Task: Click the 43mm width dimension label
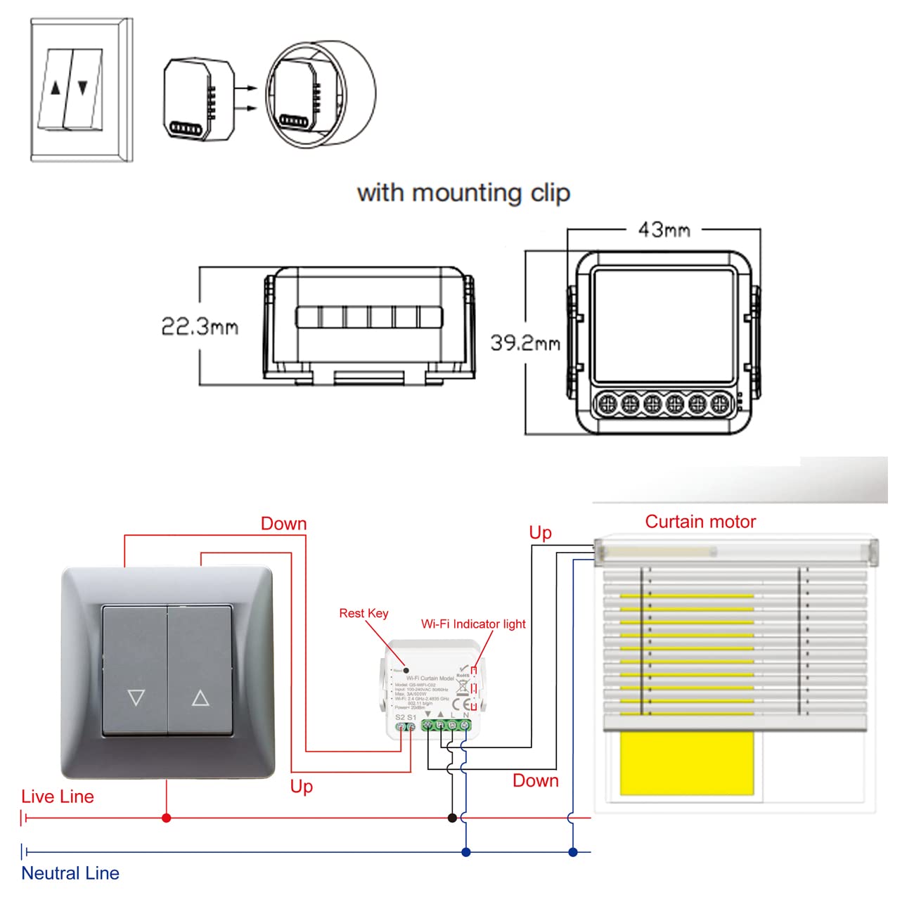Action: pos(664,230)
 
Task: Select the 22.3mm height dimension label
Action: pos(200,326)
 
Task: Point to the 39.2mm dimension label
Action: pos(525,343)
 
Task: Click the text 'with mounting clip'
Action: pos(463,193)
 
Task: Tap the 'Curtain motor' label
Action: pos(700,522)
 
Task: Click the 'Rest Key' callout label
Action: pos(363,613)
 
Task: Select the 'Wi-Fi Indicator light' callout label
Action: pos(473,624)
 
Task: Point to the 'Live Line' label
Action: pos(58,797)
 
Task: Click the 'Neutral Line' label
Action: pos(70,873)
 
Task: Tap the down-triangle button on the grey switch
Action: pos(136,697)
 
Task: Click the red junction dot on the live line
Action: pos(167,818)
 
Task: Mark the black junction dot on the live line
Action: pos(452,818)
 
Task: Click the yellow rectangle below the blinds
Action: pos(686,764)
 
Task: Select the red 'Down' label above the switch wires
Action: pos(284,524)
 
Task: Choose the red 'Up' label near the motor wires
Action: pos(541,533)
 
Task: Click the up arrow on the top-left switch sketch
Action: pos(56,89)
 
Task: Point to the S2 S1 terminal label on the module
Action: pos(406,717)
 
